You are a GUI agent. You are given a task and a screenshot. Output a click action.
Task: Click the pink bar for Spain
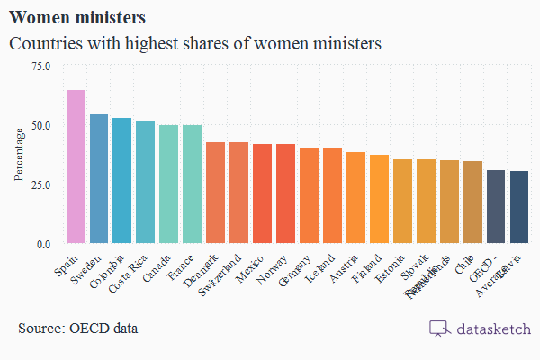pyautogui.click(x=76, y=166)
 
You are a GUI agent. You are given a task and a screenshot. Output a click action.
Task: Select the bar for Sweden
pyautogui.click(x=99, y=179)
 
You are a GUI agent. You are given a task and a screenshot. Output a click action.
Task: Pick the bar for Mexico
pyautogui.click(x=262, y=193)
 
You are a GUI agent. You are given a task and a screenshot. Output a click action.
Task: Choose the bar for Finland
pyautogui.click(x=379, y=199)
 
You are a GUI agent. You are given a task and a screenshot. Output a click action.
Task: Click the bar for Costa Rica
pyautogui.click(x=145, y=182)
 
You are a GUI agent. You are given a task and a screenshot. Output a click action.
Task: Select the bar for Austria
pyautogui.click(x=355, y=198)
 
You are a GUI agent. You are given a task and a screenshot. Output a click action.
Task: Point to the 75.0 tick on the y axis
pyautogui.click(x=41, y=66)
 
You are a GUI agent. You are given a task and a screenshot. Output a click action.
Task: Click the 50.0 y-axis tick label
pyautogui.click(x=41, y=125)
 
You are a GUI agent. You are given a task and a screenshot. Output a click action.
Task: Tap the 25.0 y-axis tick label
pyautogui.click(x=41, y=184)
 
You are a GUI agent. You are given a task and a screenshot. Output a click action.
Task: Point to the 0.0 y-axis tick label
pyautogui.click(x=44, y=244)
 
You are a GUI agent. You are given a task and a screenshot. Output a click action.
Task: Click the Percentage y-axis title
pyautogui.click(x=19, y=155)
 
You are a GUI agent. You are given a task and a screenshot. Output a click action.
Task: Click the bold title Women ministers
pyautogui.click(x=77, y=17)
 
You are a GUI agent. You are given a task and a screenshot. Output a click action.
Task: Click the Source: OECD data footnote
pyautogui.click(x=78, y=328)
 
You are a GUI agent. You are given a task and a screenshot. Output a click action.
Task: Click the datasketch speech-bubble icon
pyautogui.click(x=439, y=328)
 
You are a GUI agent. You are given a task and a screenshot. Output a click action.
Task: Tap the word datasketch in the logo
pyautogui.click(x=492, y=328)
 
